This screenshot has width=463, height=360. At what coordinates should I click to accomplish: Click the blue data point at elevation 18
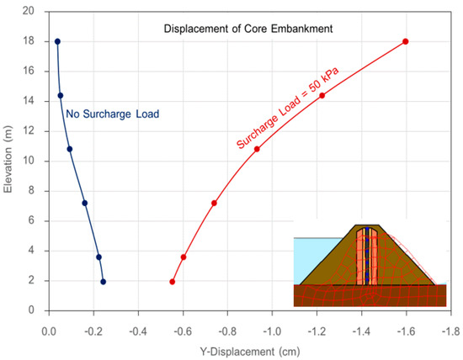click(57, 41)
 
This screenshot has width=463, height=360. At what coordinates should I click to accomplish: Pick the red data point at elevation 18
click(406, 41)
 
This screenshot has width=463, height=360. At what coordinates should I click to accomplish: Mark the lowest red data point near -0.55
click(172, 282)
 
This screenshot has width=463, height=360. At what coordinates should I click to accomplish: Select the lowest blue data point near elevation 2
click(103, 282)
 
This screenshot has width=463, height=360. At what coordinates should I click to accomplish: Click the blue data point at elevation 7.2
click(84, 203)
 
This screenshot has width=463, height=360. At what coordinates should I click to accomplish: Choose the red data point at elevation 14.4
click(322, 95)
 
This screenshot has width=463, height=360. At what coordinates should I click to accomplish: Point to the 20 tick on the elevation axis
click(29, 12)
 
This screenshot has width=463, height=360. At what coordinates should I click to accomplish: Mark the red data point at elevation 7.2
click(214, 203)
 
